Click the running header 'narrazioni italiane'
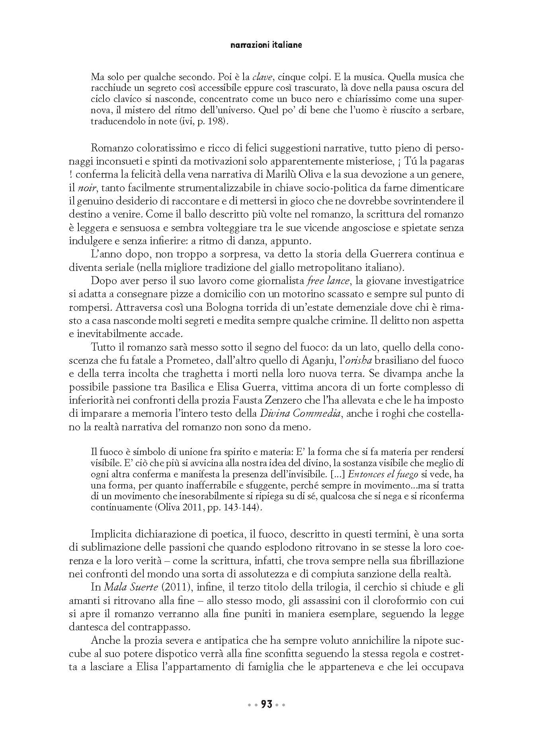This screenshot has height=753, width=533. [266, 45]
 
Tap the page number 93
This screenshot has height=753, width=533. [266, 704]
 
